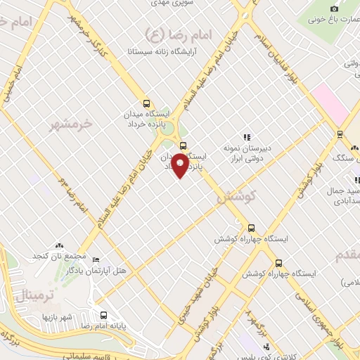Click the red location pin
pos(181,165)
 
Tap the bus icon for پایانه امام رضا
pos(104,316)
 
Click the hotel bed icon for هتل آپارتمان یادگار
pos(96,260)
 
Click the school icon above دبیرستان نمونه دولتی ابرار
pos(246,138)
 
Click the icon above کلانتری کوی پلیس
pos(266,347)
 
